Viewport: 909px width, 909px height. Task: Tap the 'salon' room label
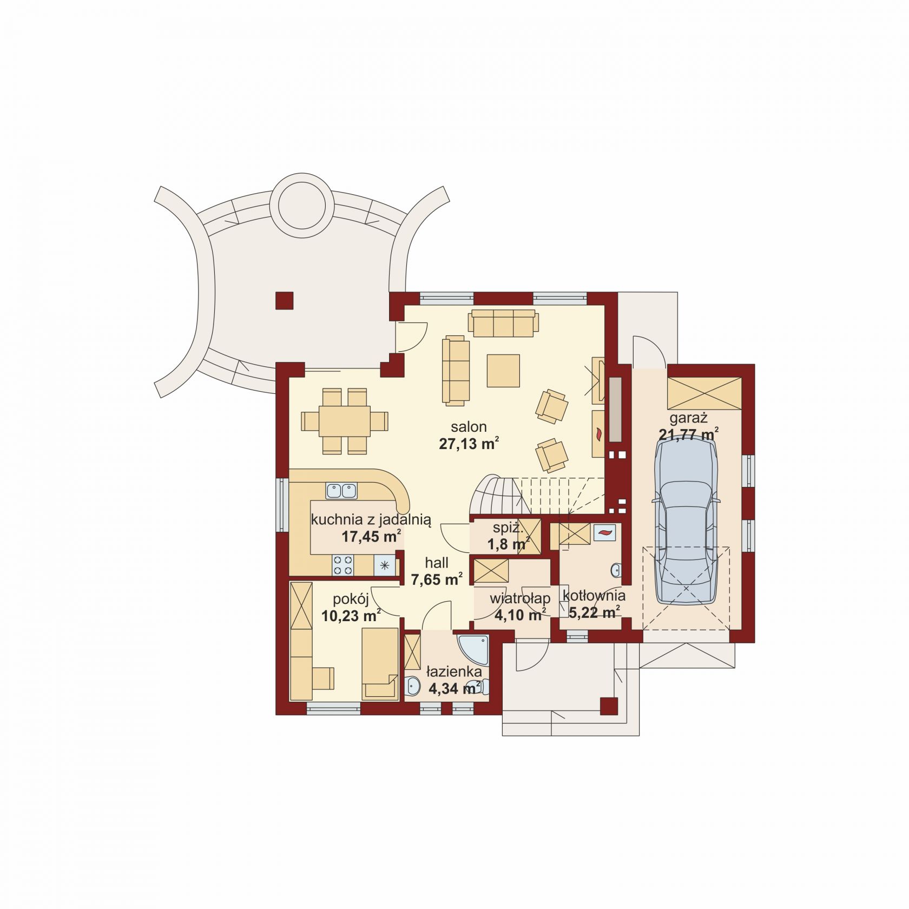click(471, 427)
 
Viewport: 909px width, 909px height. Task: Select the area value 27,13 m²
click(469, 444)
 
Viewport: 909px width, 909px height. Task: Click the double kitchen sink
click(341, 491)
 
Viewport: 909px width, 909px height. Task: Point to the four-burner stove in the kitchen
click(342, 565)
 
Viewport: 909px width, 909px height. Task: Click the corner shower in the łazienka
click(473, 649)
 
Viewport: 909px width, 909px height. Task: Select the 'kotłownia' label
click(594, 596)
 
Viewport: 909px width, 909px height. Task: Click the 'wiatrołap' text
click(520, 598)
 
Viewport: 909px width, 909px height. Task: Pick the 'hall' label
click(437, 563)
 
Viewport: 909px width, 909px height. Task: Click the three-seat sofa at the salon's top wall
click(503, 323)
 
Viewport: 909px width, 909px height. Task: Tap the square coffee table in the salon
click(503, 371)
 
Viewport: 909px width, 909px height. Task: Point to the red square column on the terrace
click(284, 300)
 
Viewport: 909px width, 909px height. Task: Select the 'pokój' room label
click(351, 598)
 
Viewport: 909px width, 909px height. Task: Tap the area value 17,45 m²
click(371, 536)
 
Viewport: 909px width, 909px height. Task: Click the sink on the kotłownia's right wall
click(616, 570)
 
